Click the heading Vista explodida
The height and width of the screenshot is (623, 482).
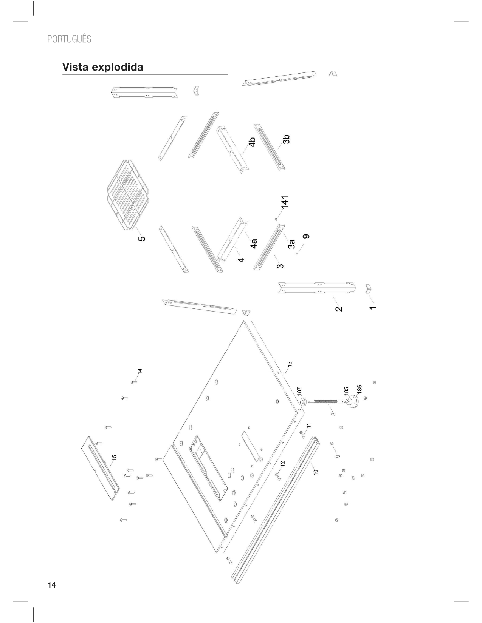click(x=103, y=67)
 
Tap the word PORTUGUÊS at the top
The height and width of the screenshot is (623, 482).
click(x=69, y=39)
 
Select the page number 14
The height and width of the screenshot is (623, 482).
click(x=52, y=585)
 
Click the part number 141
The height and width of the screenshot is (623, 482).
click(x=285, y=202)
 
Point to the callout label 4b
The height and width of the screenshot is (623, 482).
click(x=252, y=142)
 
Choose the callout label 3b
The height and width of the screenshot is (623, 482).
click(x=286, y=139)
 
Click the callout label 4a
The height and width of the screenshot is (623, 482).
click(x=253, y=244)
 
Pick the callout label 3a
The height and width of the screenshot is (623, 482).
click(x=291, y=244)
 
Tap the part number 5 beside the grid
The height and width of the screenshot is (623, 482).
click(x=141, y=239)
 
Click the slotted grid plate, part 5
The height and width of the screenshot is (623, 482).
click(x=128, y=195)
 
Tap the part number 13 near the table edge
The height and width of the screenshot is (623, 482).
click(x=290, y=364)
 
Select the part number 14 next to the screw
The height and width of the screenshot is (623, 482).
click(x=139, y=371)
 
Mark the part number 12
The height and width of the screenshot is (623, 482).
click(x=282, y=463)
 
